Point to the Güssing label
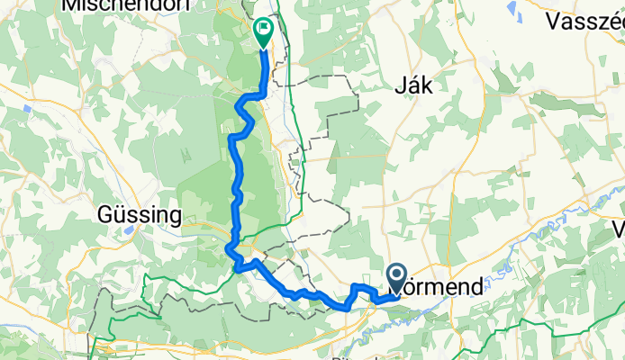139,216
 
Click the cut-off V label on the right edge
618,227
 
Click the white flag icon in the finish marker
263,29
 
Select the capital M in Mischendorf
70,5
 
